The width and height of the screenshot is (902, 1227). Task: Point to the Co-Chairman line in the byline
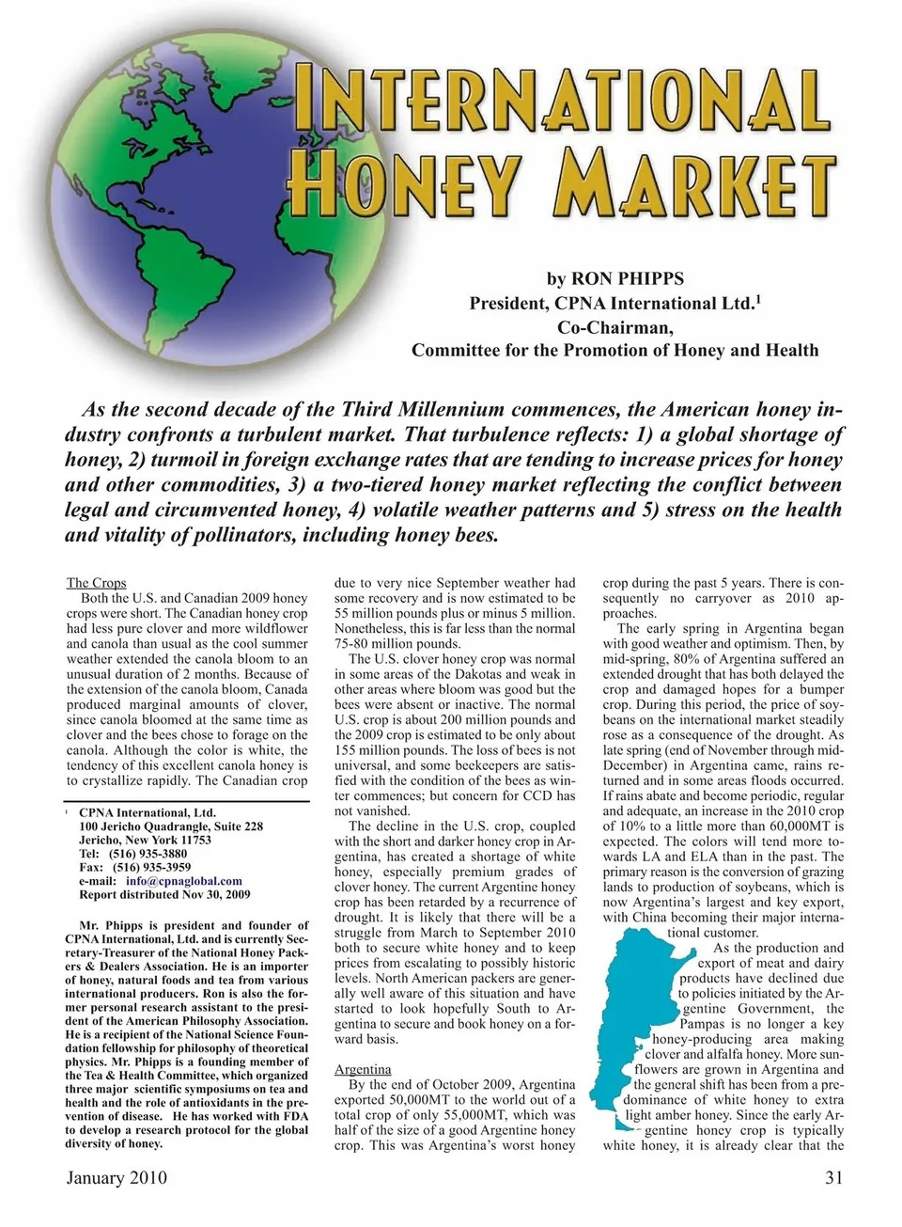[x=614, y=327]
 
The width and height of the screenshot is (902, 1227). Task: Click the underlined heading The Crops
[x=96, y=583]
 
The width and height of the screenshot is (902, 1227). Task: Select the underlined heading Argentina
[x=363, y=1069]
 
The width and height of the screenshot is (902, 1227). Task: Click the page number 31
[x=833, y=1177]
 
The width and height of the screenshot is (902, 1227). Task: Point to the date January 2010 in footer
[x=117, y=1177]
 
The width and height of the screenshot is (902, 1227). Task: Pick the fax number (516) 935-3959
[x=150, y=868]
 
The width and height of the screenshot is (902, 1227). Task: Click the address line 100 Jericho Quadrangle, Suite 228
[x=171, y=826]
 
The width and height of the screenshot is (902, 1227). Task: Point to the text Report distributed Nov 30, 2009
[x=164, y=895]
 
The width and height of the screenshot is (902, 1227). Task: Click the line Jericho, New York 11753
[x=145, y=841]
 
